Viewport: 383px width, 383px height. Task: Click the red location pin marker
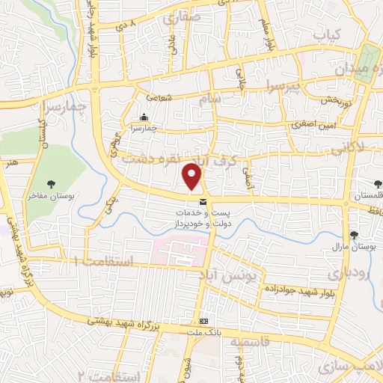193,176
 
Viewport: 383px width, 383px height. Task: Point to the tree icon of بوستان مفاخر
52,183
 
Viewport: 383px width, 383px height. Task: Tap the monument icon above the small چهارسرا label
144,117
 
